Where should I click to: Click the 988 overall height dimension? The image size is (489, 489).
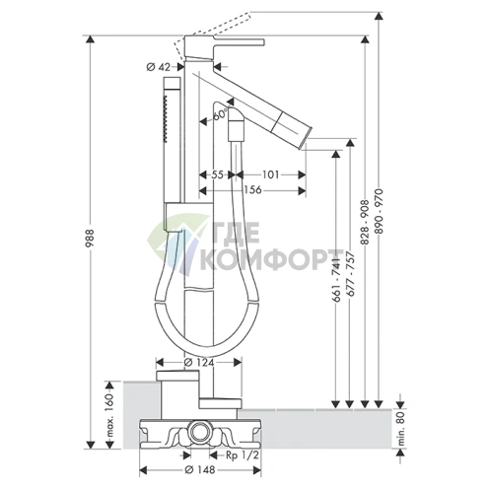[x=90, y=238]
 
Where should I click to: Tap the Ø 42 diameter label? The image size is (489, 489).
[x=159, y=67]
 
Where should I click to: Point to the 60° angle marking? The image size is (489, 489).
[x=220, y=115]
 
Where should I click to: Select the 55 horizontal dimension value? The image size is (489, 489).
[x=217, y=175]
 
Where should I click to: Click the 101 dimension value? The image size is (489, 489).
[x=270, y=175]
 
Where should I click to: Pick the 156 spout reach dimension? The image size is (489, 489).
[x=252, y=190]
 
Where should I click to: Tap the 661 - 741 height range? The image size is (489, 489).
[x=336, y=280]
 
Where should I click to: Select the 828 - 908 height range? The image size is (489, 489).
[x=365, y=222]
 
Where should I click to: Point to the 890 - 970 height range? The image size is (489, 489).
[x=380, y=211]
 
